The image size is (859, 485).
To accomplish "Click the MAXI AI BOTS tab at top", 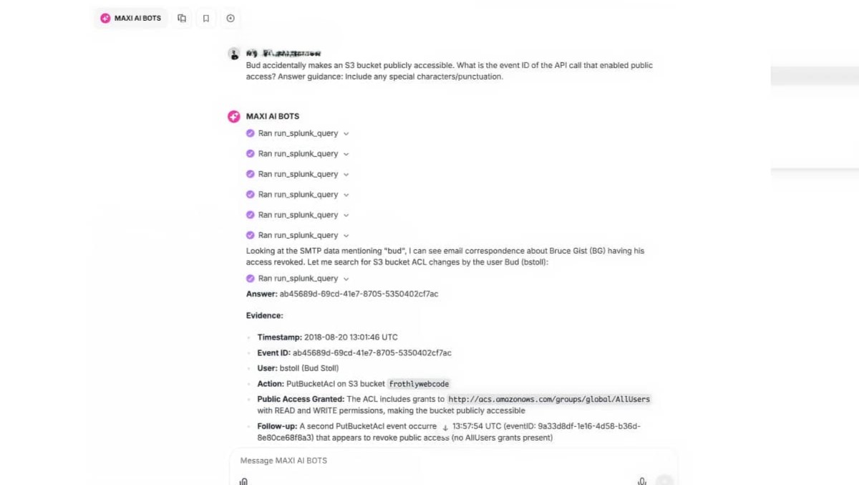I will point(131,18).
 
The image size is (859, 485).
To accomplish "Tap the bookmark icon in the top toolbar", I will point(206,19).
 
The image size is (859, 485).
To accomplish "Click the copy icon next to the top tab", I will point(183,19).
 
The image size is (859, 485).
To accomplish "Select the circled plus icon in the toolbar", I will point(230,19).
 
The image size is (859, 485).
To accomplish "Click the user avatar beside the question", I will point(233,54).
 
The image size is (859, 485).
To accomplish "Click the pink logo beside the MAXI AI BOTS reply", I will point(233,116).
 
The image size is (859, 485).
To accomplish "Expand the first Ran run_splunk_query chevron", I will point(346,133).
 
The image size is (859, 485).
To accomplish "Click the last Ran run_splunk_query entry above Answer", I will point(298,279).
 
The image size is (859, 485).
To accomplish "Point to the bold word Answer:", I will point(261,294).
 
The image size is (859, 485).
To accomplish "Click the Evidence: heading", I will point(265,315).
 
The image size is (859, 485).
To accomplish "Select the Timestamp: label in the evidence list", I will point(279,337).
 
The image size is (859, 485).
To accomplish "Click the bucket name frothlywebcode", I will point(419,384).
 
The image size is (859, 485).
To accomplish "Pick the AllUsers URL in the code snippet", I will point(549,399).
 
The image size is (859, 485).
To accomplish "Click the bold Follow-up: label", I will point(277,426).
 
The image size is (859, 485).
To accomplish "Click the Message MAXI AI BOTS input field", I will point(429,461).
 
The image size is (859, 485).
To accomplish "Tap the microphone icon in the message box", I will point(642,481).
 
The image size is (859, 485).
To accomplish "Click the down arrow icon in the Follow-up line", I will point(445,428).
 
